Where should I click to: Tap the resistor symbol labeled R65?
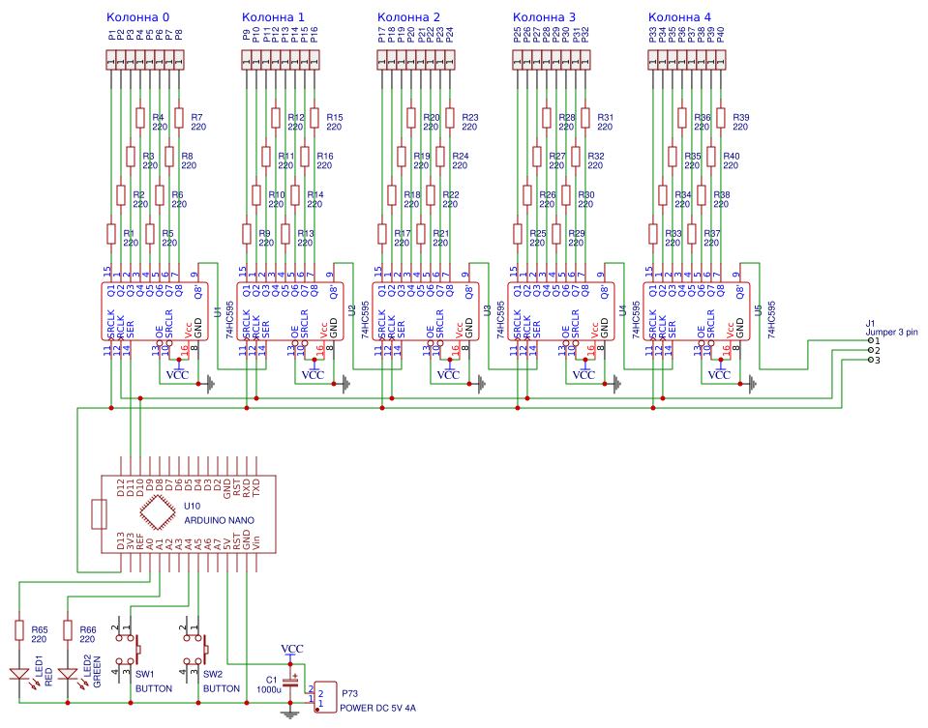(x=19, y=630)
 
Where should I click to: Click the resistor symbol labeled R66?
(x=68, y=630)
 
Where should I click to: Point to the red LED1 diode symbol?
(x=19, y=674)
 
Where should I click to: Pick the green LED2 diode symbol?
(x=68, y=674)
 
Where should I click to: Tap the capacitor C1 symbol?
(x=288, y=683)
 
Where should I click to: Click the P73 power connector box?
(x=326, y=695)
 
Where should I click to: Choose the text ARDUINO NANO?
(x=220, y=520)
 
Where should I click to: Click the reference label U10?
(x=192, y=506)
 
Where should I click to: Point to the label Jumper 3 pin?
(x=891, y=332)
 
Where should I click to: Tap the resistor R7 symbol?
(x=179, y=118)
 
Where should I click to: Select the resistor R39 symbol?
(x=721, y=118)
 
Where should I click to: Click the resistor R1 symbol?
(x=111, y=234)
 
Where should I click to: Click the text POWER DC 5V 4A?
(x=377, y=709)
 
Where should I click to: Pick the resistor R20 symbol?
(x=411, y=118)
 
